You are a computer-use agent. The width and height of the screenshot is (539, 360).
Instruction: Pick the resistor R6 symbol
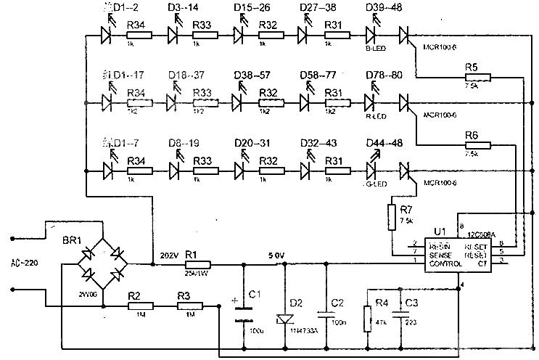click(x=476, y=145)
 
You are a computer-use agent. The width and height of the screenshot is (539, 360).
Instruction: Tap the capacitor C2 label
click(x=337, y=303)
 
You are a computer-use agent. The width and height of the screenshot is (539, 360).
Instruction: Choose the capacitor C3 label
click(x=411, y=302)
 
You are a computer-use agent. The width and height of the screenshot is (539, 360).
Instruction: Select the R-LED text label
click(x=376, y=117)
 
